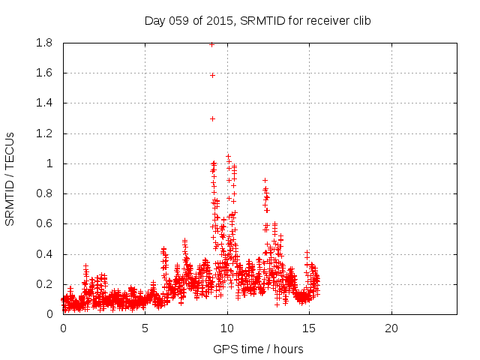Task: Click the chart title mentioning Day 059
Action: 257,21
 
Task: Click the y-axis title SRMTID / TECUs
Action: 10,179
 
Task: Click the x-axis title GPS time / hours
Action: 258,349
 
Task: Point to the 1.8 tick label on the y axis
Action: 43,43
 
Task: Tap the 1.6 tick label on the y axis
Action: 43,73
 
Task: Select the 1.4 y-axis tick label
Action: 43,103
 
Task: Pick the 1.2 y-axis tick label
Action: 43,133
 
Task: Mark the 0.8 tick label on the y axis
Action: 43,193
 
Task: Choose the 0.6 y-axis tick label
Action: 43,224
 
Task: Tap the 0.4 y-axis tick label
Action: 43,254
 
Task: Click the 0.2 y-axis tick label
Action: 43,284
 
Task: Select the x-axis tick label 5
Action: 145,328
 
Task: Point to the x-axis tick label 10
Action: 227,328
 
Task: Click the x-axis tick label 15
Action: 309,328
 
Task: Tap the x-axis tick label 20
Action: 391,328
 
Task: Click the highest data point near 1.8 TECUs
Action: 212,44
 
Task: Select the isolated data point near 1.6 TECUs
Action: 212,75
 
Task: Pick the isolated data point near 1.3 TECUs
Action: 212,118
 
